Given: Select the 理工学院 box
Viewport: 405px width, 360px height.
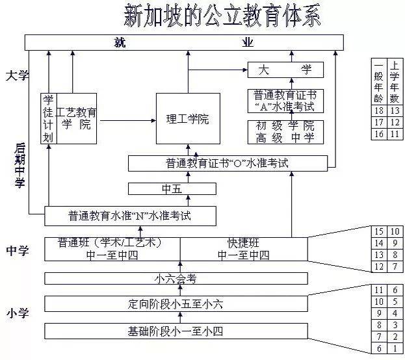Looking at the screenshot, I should (188, 119).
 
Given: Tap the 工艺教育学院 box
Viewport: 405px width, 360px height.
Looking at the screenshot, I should (76, 118).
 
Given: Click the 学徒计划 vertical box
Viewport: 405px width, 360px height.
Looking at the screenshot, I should (48, 118).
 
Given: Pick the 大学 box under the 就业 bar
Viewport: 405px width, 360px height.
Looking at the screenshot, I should (285, 70).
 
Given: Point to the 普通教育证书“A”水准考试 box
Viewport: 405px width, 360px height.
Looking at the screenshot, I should (285, 101).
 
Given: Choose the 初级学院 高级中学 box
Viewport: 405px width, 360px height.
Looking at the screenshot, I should (285, 132).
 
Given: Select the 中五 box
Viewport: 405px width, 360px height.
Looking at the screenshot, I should (172, 189).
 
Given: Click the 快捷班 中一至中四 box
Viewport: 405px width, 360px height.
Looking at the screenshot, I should (243, 249).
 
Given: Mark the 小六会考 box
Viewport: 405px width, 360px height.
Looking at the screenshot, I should (176, 278).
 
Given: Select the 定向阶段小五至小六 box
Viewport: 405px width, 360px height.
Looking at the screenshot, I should (176, 303).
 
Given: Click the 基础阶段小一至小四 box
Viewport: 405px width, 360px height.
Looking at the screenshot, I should (176, 331).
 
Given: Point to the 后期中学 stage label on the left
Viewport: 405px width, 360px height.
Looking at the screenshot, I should (20, 166).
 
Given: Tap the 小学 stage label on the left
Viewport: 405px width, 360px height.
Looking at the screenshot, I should (17, 313).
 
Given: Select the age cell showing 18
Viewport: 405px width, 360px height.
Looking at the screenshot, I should (378, 110).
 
